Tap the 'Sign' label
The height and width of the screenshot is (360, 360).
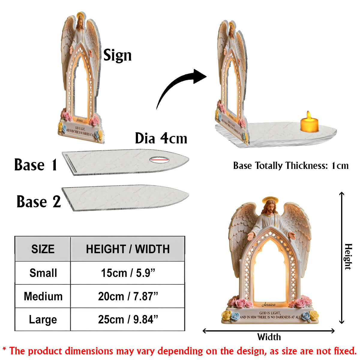117,55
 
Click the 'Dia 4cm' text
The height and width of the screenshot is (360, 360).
161,138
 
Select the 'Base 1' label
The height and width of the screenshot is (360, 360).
35,165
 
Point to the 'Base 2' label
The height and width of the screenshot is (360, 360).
38,202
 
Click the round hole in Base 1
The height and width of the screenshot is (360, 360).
159,160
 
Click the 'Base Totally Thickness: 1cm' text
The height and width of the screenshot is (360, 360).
291,166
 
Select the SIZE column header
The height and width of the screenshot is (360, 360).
43,249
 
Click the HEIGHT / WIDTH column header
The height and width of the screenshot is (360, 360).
128,249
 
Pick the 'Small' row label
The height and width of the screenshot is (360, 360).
43,273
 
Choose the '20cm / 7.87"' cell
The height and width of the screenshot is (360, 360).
128,296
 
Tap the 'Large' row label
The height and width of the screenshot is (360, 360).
43,319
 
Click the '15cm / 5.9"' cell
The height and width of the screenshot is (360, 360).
128,273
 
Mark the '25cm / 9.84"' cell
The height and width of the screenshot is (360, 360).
128,319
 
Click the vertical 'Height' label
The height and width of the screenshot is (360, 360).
348,257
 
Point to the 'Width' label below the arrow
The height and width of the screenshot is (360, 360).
269,337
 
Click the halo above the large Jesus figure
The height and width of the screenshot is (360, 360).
270,200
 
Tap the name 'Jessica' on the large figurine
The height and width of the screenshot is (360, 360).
268,304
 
